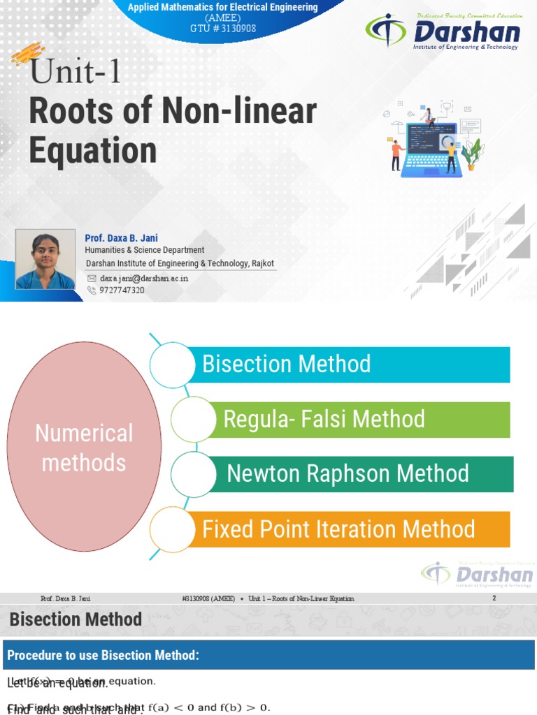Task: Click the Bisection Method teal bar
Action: point(350,364)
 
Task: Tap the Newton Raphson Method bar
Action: point(364,474)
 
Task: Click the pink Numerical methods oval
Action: point(84,448)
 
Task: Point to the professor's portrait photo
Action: point(45,259)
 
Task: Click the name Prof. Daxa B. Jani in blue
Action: point(117,238)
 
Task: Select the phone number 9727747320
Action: point(122,290)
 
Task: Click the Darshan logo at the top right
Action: point(444,32)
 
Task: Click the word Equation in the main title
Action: point(93,149)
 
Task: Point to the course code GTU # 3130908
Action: point(222,28)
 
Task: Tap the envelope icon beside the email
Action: point(91,278)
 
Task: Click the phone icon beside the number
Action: point(91,290)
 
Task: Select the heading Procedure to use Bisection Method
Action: point(103,655)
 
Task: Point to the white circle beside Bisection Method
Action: point(172,364)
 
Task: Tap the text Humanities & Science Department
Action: point(145,250)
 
